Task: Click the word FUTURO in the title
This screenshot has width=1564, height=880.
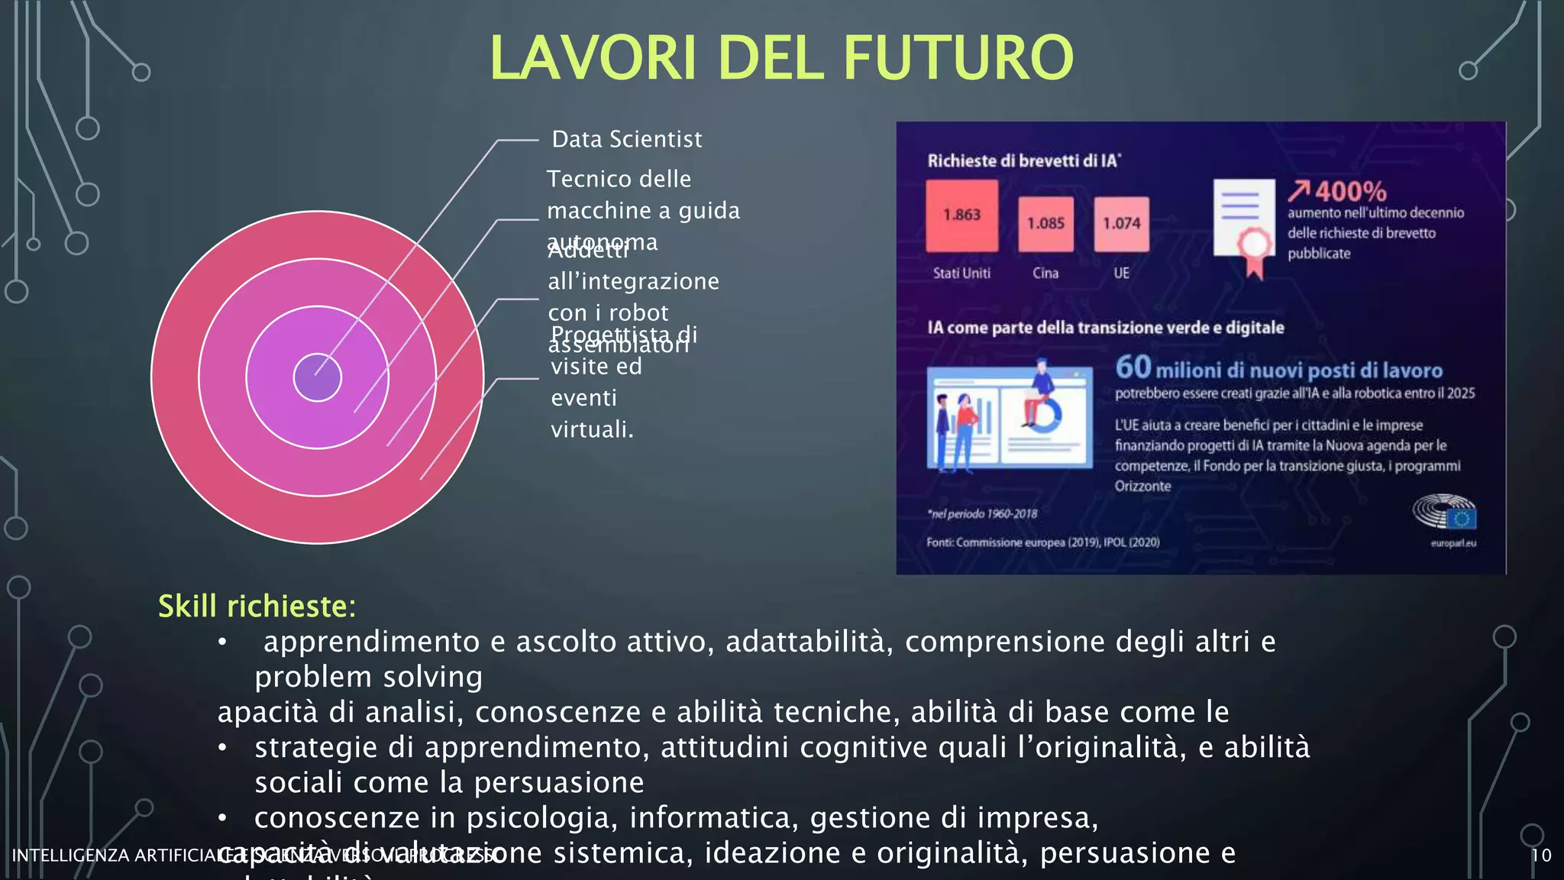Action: pyautogui.click(x=958, y=58)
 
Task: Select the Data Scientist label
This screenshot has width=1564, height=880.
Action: pyautogui.click(x=626, y=139)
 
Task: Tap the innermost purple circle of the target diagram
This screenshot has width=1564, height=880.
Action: pyautogui.click(x=317, y=377)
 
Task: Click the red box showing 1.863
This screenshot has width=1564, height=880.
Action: pyautogui.click(x=961, y=215)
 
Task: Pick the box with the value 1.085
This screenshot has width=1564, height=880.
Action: pyautogui.click(x=1045, y=224)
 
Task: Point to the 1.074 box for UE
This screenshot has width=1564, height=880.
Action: pyautogui.click(x=1121, y=224)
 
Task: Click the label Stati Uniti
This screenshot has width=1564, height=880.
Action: pyautogui.click(x=961, y=273)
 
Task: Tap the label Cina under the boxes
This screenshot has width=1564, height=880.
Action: pyautogui.click(x=1045, y=273)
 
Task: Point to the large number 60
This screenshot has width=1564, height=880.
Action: pyautogui.click(x=1133, y=367)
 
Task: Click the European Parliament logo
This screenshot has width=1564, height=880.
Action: pyautogui.click(x=1445, y=512)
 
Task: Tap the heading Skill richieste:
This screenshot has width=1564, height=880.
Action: pyautogui.click(x=257, y=607)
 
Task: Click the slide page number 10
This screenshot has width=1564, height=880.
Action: pyautogui.click(x=1541, y=855)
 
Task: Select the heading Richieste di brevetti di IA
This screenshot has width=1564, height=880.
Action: pyautogui.click(x=1023, y=160)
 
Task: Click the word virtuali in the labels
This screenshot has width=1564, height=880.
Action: pyautogui.click(x=592, y=429)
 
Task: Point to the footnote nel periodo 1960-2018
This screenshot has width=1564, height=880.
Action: pyautogui.click(x=983, y=514)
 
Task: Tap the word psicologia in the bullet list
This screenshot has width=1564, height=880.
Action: pyautogui.click(x=539, y=818)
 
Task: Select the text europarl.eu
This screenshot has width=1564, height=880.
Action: pyautogui.click(x=1453, y=543)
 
